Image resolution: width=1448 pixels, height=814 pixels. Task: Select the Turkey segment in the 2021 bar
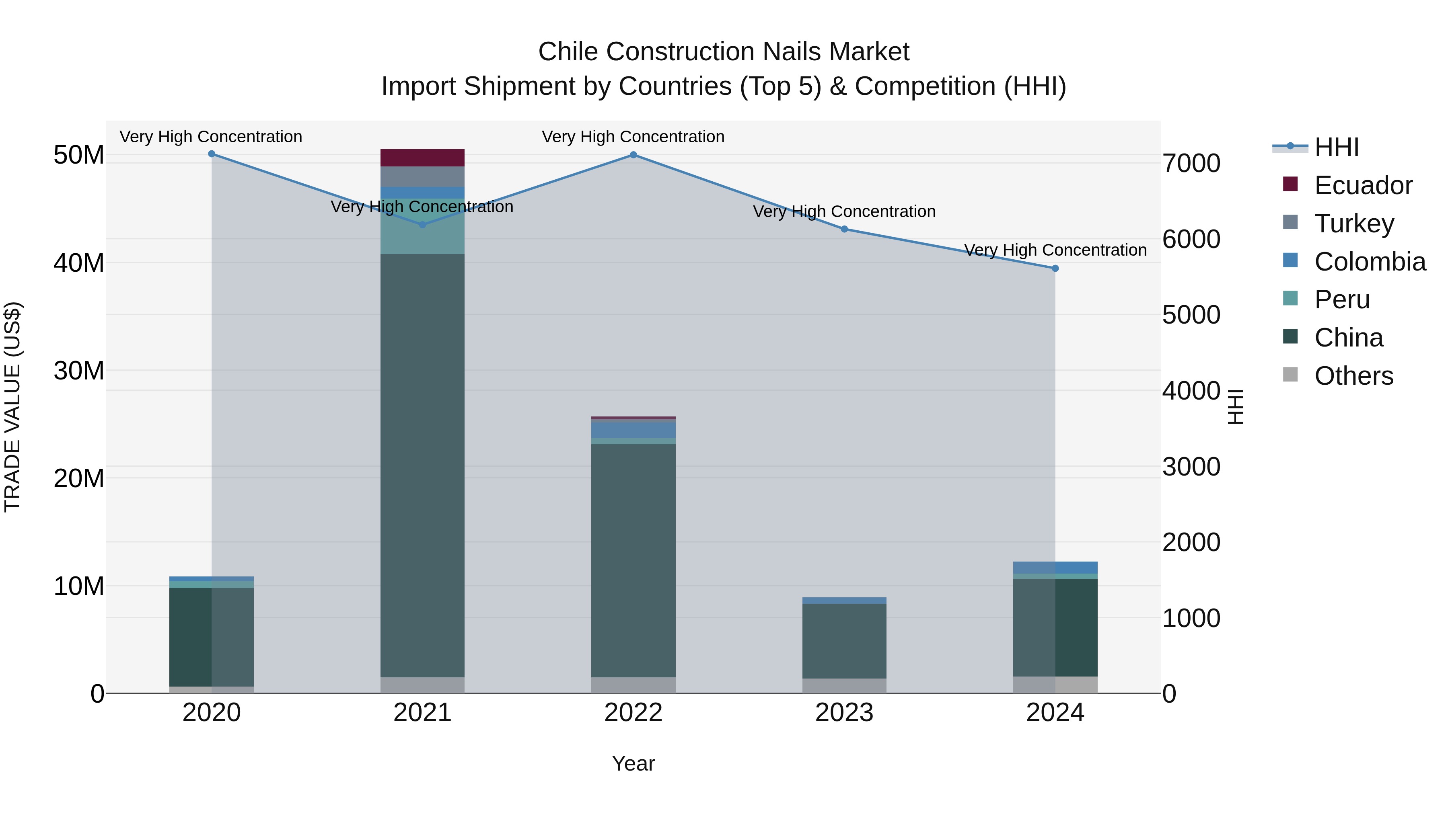click(422, 176)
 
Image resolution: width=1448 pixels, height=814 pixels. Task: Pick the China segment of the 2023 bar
click(844, 640)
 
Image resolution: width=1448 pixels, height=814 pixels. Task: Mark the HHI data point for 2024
click(1055, 269)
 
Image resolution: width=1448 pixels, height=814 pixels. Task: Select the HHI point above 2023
click(844, 229)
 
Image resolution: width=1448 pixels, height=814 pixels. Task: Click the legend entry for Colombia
click(1369, 262)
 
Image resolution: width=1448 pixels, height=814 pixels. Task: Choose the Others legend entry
click(1353, 376)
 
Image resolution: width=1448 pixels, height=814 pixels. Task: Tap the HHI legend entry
click(1336, 147)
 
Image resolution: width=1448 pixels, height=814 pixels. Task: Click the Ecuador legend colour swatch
click(1290, 184)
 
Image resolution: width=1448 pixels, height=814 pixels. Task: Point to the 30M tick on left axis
click(79, 371)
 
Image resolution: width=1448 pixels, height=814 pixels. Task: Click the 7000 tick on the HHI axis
click(1191, 164)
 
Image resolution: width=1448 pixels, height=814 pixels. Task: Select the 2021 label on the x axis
click(422, 713)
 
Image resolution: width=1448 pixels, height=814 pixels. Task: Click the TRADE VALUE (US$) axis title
click(12, 407)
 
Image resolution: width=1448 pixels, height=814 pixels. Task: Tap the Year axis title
click(633, 763)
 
